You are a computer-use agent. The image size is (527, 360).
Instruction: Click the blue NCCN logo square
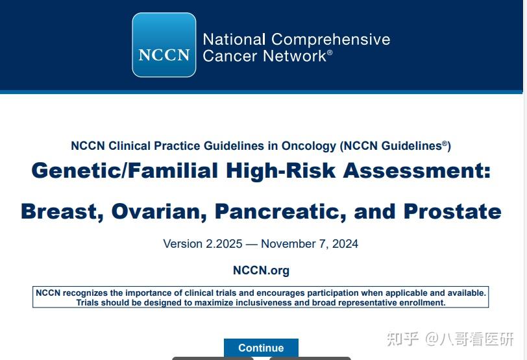pos(164,45)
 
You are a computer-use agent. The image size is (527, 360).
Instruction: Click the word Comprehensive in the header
pos(330,39)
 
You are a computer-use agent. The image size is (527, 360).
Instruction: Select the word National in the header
pos(234,39)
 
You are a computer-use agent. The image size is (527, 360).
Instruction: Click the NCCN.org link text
pos(261,270)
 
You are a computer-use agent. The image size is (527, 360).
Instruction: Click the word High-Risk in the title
pos(281,171)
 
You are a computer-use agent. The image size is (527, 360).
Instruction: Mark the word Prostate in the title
pos(452,211)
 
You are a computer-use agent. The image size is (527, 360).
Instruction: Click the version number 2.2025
pos(224,244)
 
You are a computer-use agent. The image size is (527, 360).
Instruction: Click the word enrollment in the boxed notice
pos(420,302)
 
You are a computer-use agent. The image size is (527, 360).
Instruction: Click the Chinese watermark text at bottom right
pos(450,339)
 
